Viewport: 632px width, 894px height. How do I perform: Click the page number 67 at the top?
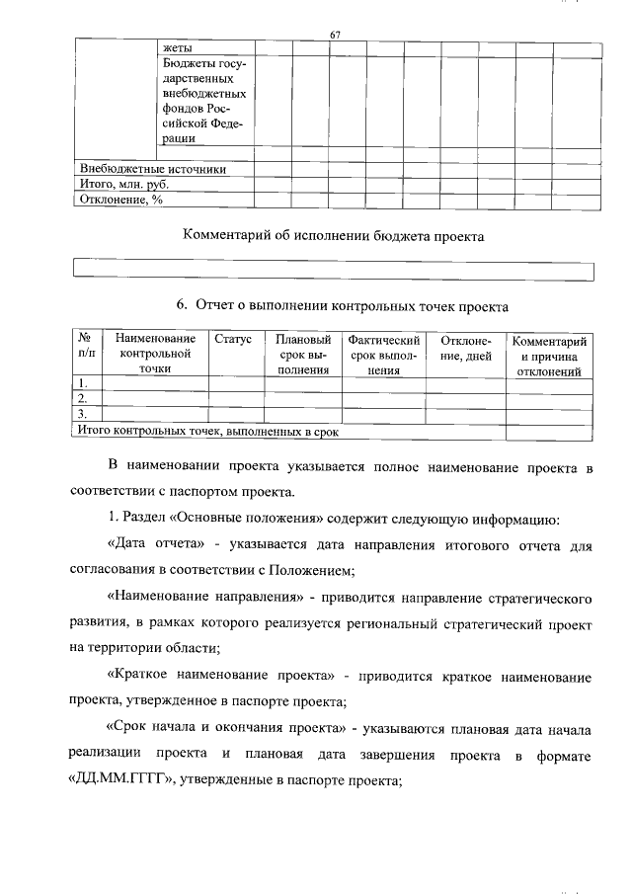(335, 37)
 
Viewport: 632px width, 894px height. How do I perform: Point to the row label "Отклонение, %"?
(119, 199)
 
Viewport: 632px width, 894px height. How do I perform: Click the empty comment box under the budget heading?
(334, 271)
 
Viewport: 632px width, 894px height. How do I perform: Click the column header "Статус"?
(233, 339)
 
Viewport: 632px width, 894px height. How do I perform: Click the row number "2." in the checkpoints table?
(84, 398)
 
